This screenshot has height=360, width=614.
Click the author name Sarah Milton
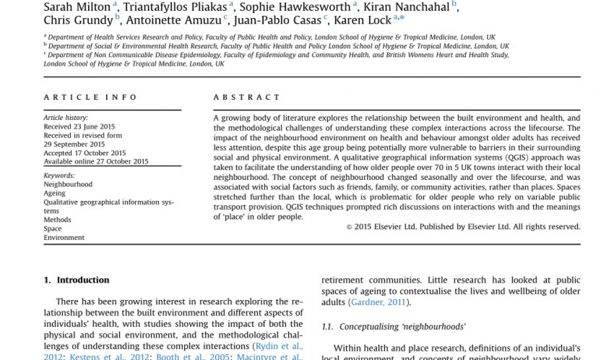[x=77, y=7]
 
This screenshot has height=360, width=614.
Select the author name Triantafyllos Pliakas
[x=175, y=7]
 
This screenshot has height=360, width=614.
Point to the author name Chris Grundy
[x=78, y=20]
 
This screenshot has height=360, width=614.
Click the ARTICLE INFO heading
[x=91, y=97]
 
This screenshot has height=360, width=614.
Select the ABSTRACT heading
[x=247, y=97]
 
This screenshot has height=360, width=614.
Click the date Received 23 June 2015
[x=79, y=127]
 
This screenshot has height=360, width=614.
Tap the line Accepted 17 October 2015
[x=85, y=153]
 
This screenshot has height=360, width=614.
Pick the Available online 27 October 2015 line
[x=96, y=162]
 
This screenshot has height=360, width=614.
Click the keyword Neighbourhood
[x=68, y=185]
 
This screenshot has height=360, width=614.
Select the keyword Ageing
[x=55, y=194]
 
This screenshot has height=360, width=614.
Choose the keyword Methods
[x=58, y=220]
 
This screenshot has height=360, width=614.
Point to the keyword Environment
[x=64, y=238]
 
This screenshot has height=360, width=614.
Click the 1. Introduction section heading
[x=77, y=280]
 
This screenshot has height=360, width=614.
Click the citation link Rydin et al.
[x=278, y=346]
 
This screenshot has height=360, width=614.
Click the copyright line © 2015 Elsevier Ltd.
[x=463, y=227]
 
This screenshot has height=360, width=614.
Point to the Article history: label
[x=66, y=118]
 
